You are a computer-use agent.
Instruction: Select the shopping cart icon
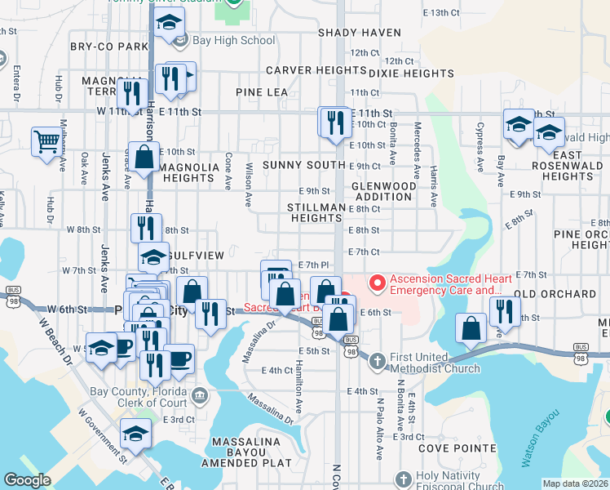click(47, 141)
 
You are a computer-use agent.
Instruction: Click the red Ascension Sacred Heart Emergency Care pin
click(377, 283)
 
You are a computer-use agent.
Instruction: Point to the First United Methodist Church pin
click(378, 359)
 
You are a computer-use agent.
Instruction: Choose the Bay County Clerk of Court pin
click(201, 396)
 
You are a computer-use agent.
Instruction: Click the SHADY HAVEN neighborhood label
click(360, 33)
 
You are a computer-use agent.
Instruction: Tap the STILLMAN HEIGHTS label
click(316, 213)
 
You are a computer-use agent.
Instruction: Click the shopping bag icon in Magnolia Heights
click(144, 157)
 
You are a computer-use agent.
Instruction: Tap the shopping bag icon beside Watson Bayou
click(471, 329)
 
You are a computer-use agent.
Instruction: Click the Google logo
click(27, 480)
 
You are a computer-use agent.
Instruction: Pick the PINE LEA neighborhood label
click(262, 92)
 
